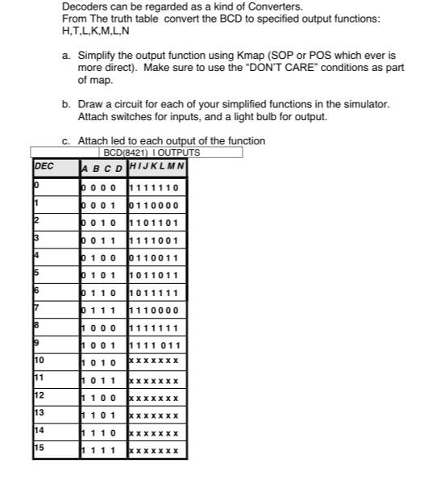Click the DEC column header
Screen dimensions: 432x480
point(44,167)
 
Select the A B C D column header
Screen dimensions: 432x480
point(103,168)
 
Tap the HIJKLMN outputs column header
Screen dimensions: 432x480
point(157,167)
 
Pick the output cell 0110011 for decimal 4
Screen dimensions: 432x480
point(156,257)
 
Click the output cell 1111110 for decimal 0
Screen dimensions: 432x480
point(156,187)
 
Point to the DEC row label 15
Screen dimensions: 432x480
point(39,449)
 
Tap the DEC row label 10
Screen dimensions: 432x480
point(39,360)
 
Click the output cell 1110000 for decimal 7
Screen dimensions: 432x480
point(156,310)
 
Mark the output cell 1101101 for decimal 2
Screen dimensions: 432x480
point(156,223)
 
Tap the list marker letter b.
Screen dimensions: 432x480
point(66,105)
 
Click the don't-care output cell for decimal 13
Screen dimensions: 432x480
point(156,415)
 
